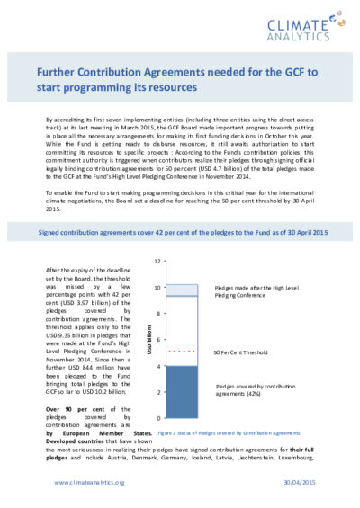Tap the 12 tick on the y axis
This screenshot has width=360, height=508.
click(x=157, y=262)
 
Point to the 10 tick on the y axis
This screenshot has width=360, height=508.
click(x=157, y=288)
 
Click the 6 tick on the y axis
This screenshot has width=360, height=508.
click(x=158, y=340)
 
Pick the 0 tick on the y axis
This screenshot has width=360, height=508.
click(x=158, y=419)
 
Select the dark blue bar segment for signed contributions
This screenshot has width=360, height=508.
click(x=184, y=392)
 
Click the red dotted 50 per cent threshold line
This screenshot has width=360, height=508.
click(x=184, y=351)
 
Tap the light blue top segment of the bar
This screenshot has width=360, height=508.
click(x=184, y=290)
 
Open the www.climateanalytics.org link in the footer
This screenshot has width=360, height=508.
click(x=88, y=482)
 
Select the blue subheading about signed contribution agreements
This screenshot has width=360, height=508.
click(x=180, y=233)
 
